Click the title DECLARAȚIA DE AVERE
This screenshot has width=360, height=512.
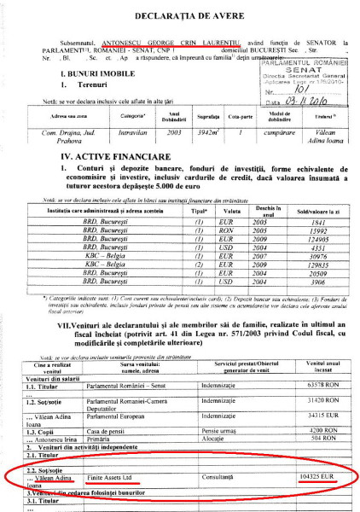tap(181, 12)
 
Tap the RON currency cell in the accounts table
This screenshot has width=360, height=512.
tap(226, 253)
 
